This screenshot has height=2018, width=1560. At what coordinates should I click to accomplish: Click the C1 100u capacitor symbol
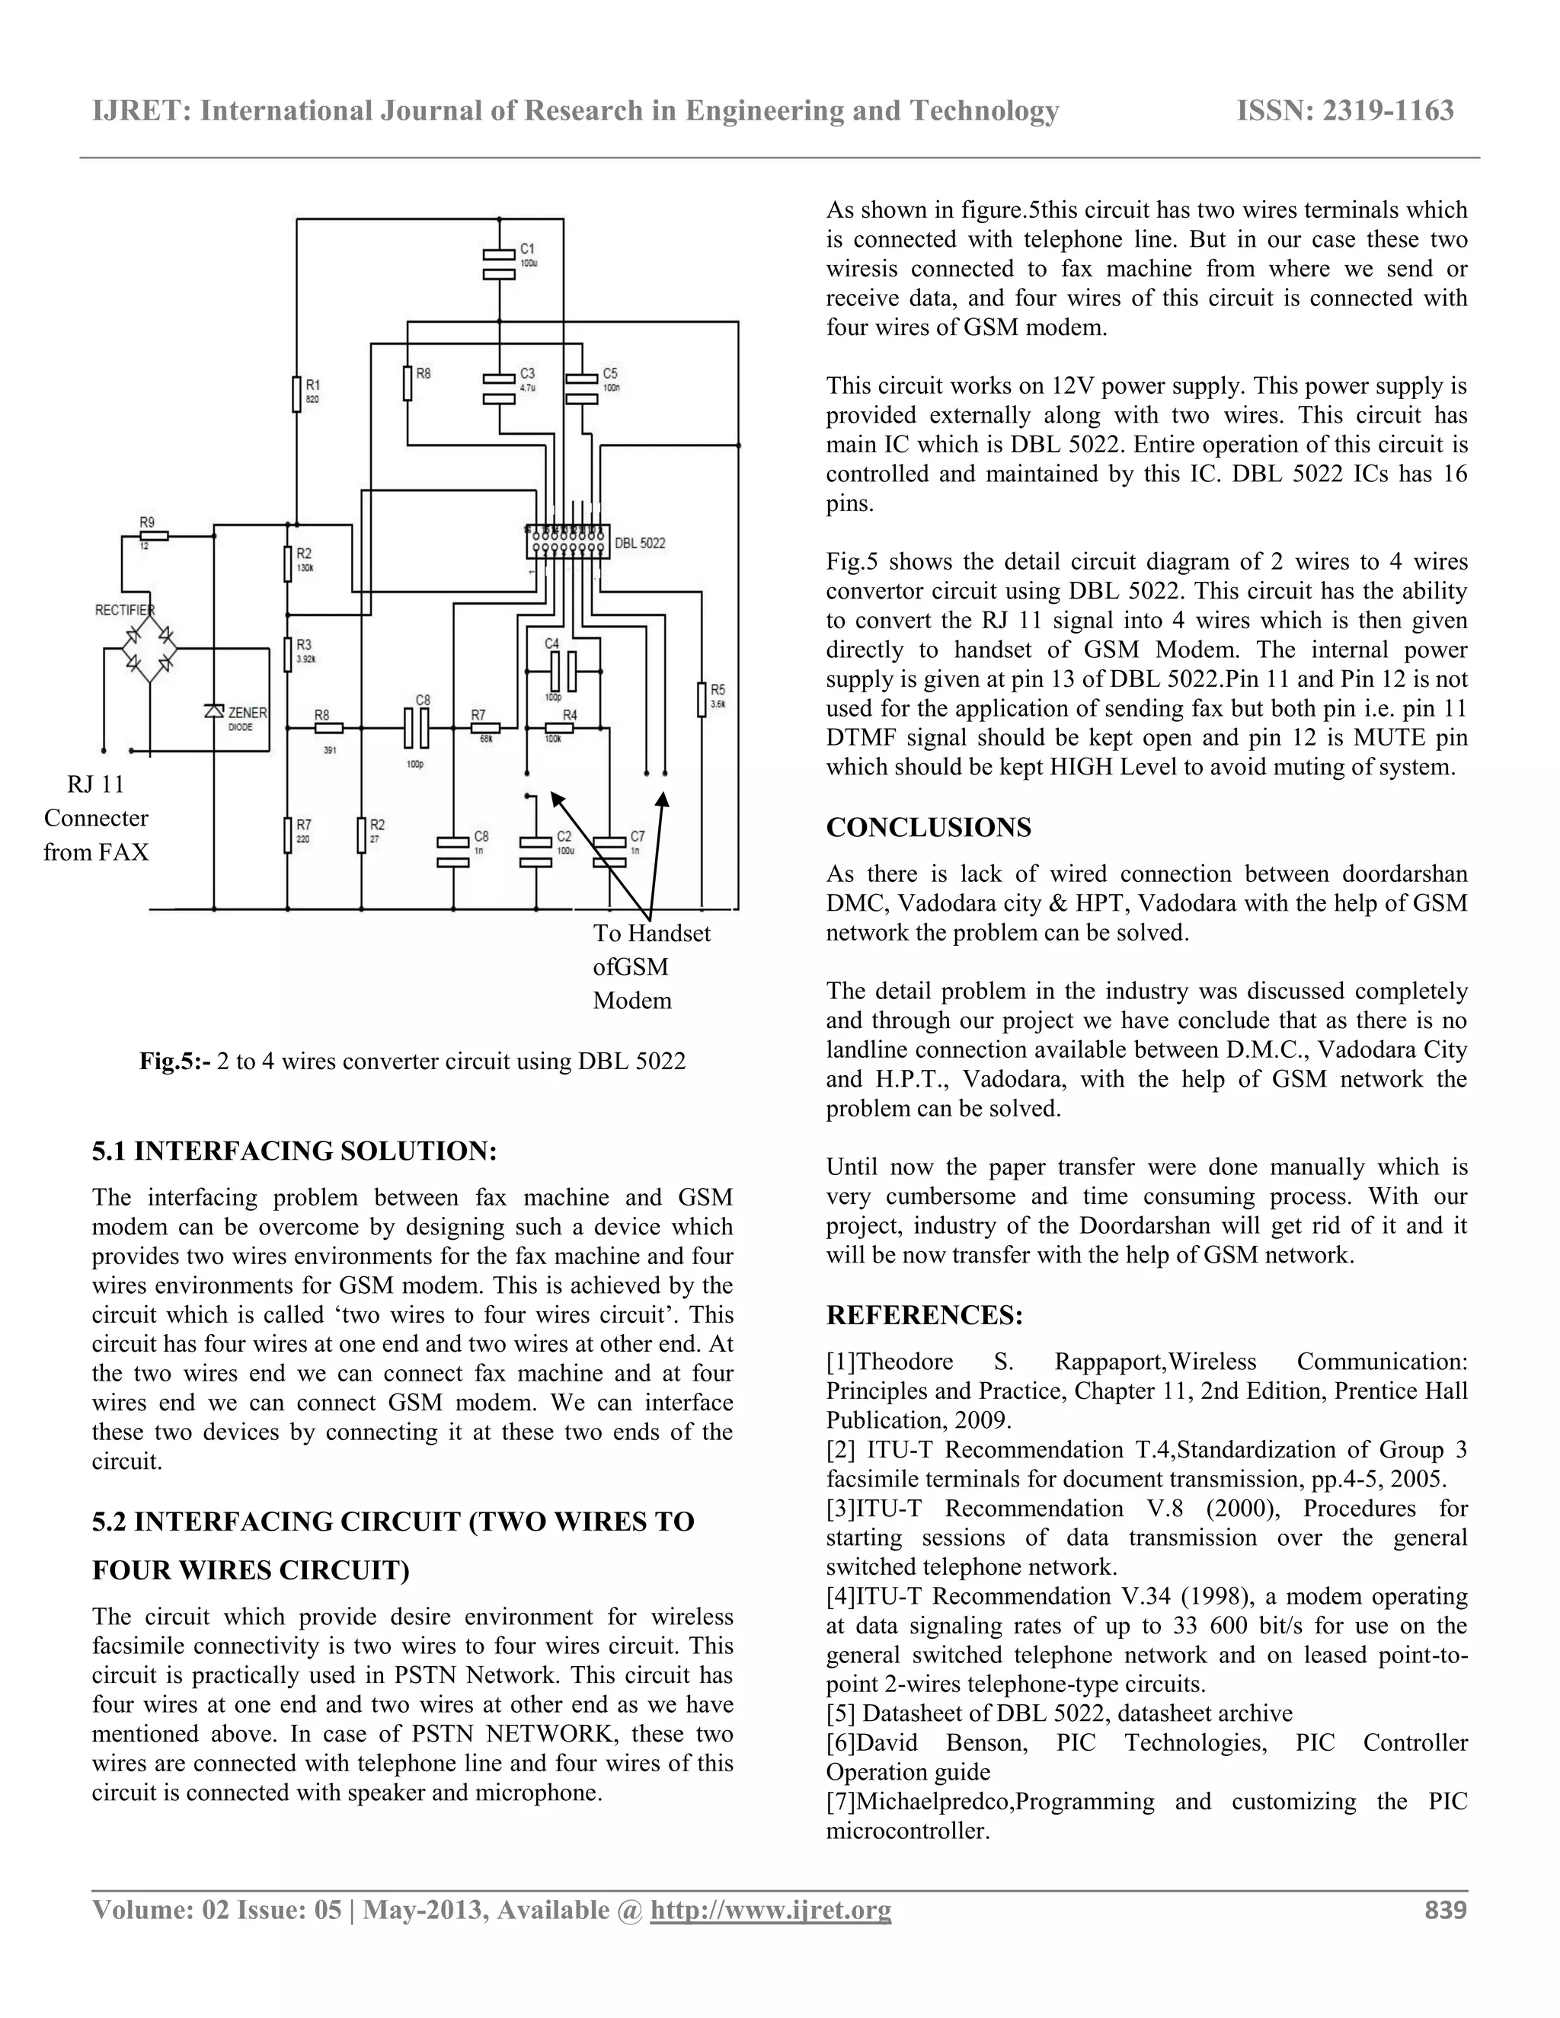pyautogui.click(x=499, y=263)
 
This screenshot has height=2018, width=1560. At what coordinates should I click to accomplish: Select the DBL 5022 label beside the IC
pyautogui.click(x=640, y=543)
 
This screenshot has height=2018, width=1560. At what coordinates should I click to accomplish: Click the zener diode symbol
pyautogui.click(x=213, y=710)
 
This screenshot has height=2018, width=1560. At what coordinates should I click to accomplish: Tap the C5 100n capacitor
pyautogui.click(x=581, y=387)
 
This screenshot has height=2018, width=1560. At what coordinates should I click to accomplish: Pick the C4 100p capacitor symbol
pyautogui.click(x=563, y=671)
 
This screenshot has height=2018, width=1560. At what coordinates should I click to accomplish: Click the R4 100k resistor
pyautogui.click(x=559, y=728)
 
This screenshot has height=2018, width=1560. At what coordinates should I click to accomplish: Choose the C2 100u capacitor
pyautogui.click(x=536, y=852)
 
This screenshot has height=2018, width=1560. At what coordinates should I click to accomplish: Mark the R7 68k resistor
pyautogui.click(x=486, y=728)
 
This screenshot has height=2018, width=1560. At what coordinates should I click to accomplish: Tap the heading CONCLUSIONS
pyautogui.click(x=928, y=827)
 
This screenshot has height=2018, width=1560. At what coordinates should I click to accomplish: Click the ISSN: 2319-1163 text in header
pyautogui.click(x=1344, y=111)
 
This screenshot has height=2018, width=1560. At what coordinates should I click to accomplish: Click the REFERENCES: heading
pyautogui.click(x=924, y=1315)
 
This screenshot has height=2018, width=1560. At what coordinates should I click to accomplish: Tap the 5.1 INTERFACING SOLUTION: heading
pyautogui.click(x=294, y=1151)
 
